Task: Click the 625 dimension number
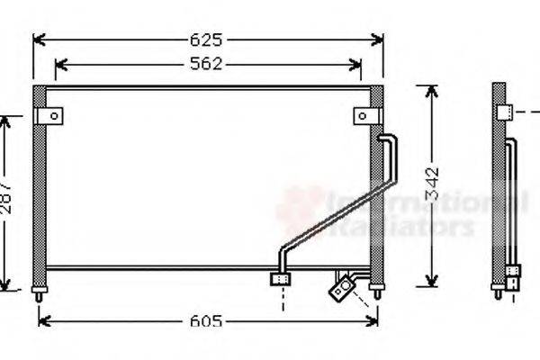[x=207, y=40]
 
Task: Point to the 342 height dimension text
[x=433, y=184]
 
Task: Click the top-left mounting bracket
[x=49, y=115]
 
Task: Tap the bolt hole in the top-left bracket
[x=54, y=115]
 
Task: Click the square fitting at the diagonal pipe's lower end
[x=280, y=279]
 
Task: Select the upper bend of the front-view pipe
[x=388, y=139]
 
